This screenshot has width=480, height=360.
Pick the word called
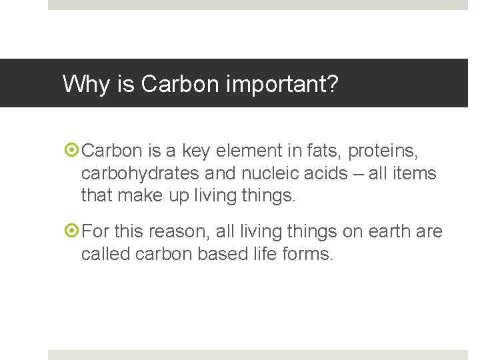click(x=104, y=253)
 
